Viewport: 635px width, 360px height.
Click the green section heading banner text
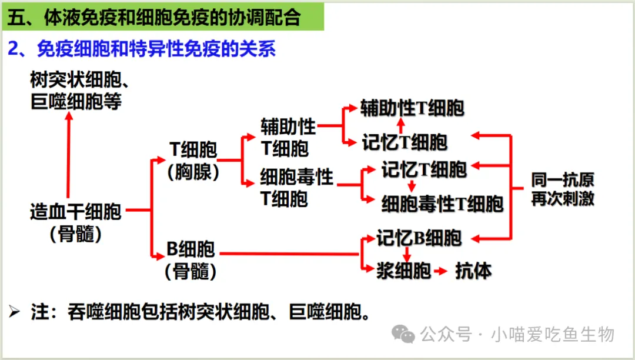(x=154, y=18)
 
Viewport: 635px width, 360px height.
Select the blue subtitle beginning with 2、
(x=142, y=49)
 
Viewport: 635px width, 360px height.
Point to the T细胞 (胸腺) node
(x=193, y=160)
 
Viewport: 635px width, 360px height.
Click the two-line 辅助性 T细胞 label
(x=288, y=136)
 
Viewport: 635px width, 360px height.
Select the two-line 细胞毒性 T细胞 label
(x=296, y=186)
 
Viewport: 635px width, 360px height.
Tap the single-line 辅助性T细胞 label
(x=413, y=108)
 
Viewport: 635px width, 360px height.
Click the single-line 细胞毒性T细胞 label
(x=442, y=204)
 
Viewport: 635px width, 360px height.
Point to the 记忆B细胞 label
(x=419, y=238)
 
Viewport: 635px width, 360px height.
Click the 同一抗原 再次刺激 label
(x=562, y=189)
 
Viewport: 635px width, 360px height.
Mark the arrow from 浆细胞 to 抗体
(x=441, y=271)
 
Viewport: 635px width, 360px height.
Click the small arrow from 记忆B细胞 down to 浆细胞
(x=406, y=255)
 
